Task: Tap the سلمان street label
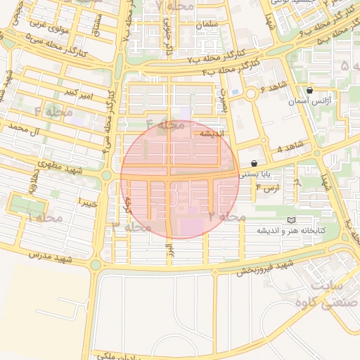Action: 208,25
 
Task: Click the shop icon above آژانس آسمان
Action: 310,91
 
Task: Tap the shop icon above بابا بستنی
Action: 254,162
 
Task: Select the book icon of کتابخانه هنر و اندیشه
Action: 292,221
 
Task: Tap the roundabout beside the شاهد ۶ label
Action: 250,94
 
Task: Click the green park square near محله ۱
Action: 25,206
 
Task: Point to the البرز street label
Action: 168,250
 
